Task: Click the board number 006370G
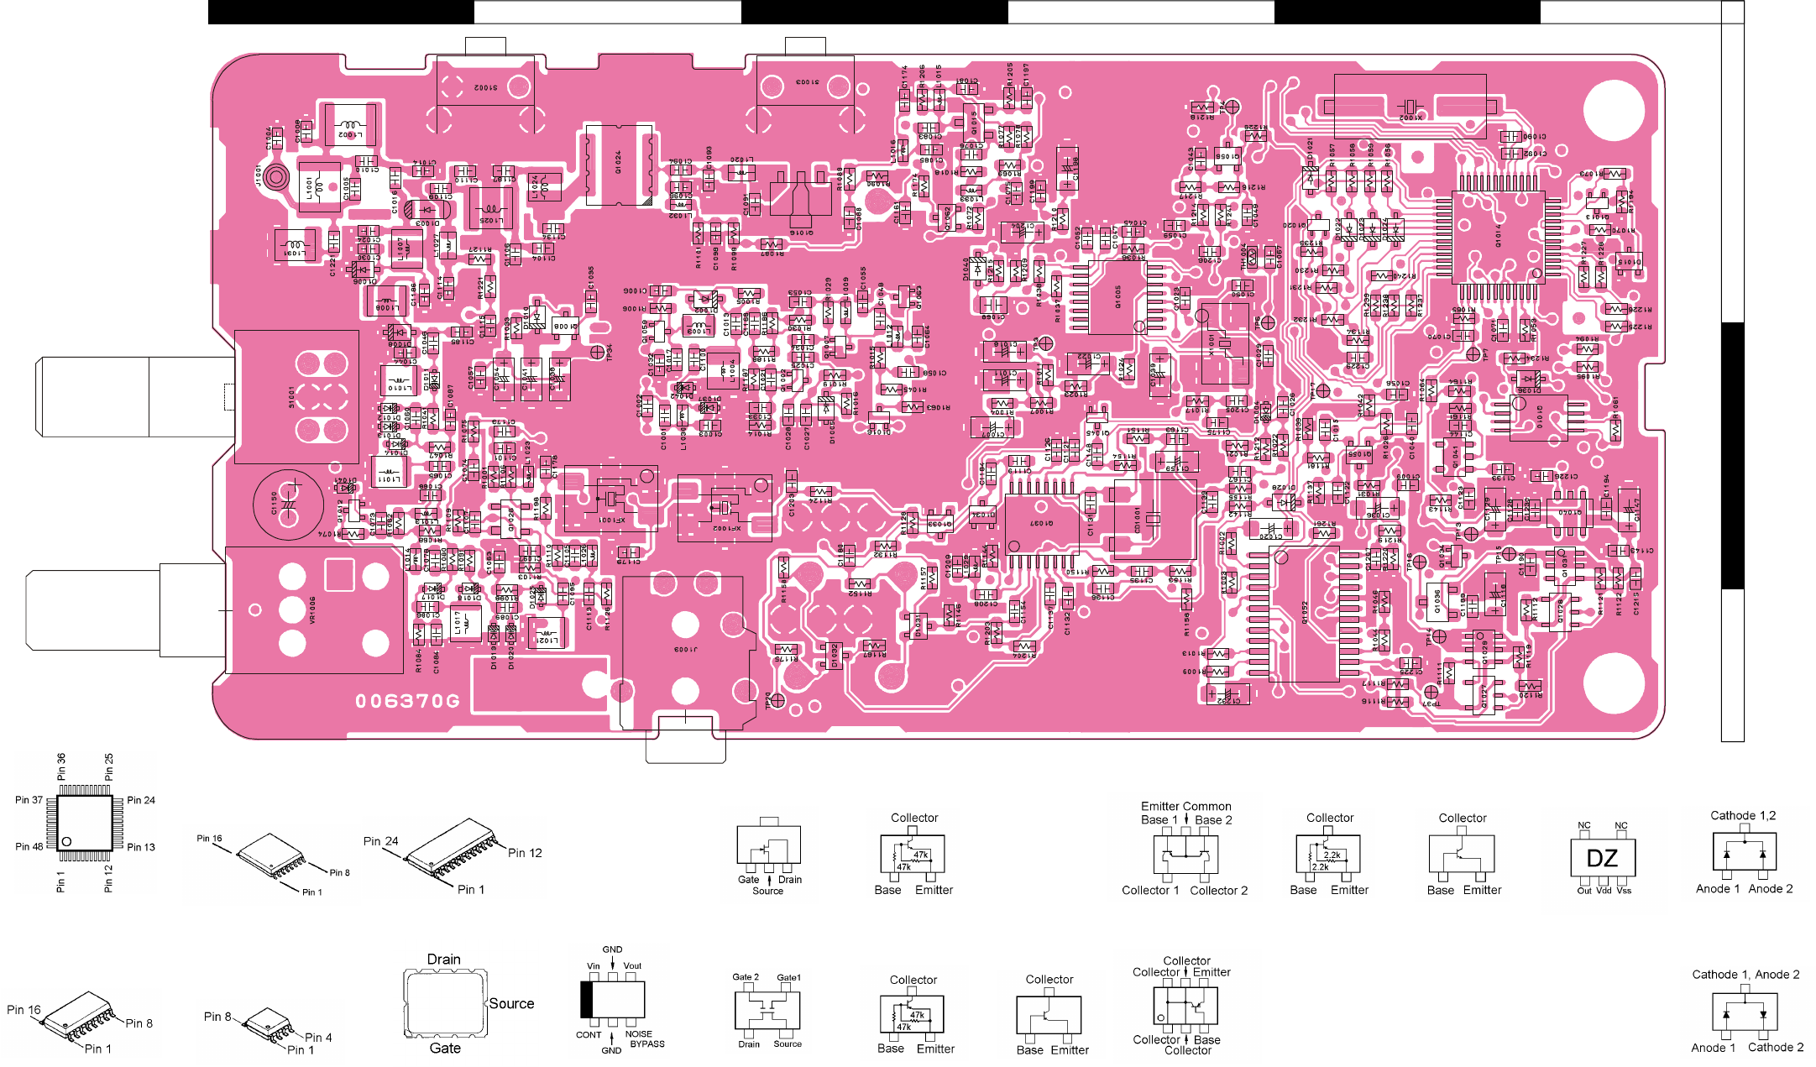point(407,701)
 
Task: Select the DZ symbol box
point(1602,858)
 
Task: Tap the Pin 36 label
point(61,766)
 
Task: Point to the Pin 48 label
point(29,846)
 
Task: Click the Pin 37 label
point(29,800)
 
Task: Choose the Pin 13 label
point(141,847)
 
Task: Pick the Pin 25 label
point(108,766)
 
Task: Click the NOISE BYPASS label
point(646,1039)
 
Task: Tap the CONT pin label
point(589,1035)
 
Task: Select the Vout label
point(632,966)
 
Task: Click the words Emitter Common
point(1185,806)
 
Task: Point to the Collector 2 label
point(1218,891)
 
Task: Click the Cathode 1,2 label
point(1743,815)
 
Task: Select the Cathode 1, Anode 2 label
point(1745,975)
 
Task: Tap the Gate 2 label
point(745,977)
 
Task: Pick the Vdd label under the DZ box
point(1604,891)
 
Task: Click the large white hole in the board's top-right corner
point(1613,110)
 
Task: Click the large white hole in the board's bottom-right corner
point(1613,681)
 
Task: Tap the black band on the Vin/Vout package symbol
point(587,999)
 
